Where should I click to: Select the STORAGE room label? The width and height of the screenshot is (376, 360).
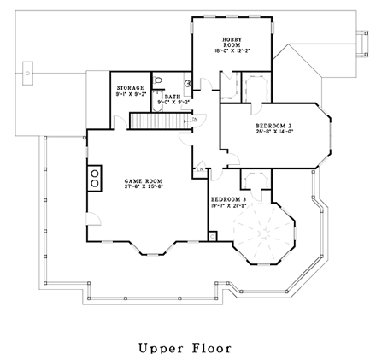[x=130, y=86]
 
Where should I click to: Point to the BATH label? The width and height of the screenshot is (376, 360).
[x=172, y=97]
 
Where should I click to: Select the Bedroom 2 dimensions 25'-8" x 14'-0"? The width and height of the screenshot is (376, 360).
[x=274, y=132]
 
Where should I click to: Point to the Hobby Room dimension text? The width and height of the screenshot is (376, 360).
[x=232, y=50]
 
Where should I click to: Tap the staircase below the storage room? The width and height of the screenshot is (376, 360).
[x=155, y=121]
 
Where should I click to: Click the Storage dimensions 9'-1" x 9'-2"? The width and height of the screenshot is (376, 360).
[x=130, y=93]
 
